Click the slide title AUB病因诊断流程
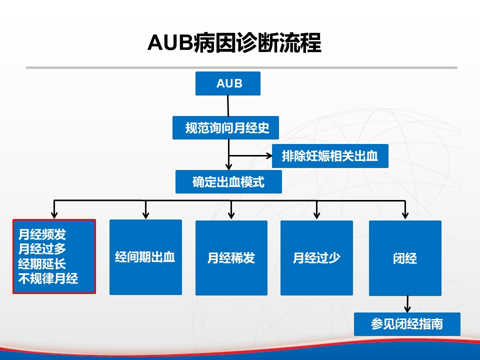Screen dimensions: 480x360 click(x=234, y=42)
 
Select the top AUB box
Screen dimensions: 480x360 click(x=228, y=83)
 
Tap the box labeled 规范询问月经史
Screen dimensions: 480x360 click(x=225, y=127)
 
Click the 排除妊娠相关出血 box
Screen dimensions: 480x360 click(x=330, y=156)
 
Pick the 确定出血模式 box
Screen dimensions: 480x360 click(x=228, y=182)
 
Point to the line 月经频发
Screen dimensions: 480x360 click(x=42, y=234)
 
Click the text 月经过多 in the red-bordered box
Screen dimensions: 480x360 click(x=42, y=248)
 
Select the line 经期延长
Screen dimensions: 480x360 click(x=42, y=263)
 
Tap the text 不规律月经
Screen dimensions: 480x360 click(x=48, y=278)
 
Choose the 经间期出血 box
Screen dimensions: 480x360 click(x=145, y=257)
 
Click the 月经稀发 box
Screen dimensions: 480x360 click(x=231, y=258)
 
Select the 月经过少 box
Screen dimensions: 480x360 click(x=317, y=258)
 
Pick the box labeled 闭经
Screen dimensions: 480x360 click(x=405, y=258)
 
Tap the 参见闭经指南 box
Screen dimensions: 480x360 click(x=407, y=324)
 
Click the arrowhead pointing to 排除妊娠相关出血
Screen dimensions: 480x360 click(x=269, y=156)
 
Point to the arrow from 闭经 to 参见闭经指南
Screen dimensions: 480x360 click(x=407, y=304)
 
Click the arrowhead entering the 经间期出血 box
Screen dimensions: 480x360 click(x=145, y=215)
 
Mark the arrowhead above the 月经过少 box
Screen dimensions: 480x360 click(x=317, y=215)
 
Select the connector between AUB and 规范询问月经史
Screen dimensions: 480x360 click(x=228, y=106)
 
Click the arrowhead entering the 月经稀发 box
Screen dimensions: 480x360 click(x=231, y=215)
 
